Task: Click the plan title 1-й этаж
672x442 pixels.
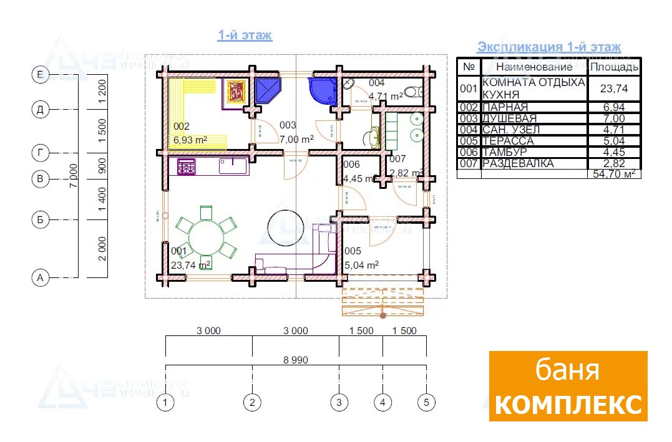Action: click(x=245, y=36)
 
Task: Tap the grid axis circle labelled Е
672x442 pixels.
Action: click(x=41, y=75)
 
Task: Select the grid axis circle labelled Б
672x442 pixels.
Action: click(x=41, y=219)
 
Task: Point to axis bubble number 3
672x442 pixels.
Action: click(x=339, y=403)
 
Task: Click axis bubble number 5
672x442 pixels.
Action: click(x=426, y=403)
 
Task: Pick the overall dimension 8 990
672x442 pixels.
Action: click(x=296, y=360)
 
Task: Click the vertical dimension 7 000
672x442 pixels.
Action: click(x=74, y=176)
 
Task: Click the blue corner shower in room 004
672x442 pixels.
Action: click(x=321, y=90)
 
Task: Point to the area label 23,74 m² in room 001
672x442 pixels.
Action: click(x=191, y=264)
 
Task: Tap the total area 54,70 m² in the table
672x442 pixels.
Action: click(x=614, y=174)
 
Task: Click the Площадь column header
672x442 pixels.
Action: click(x=614, y=67)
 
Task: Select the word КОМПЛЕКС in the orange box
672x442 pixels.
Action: click(x=568, y=405)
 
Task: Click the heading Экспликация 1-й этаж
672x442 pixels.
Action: click(x=548, y=47)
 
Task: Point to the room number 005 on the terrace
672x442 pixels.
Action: click(x=353, y=251)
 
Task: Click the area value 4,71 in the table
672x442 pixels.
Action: click(x=614, y=130)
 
